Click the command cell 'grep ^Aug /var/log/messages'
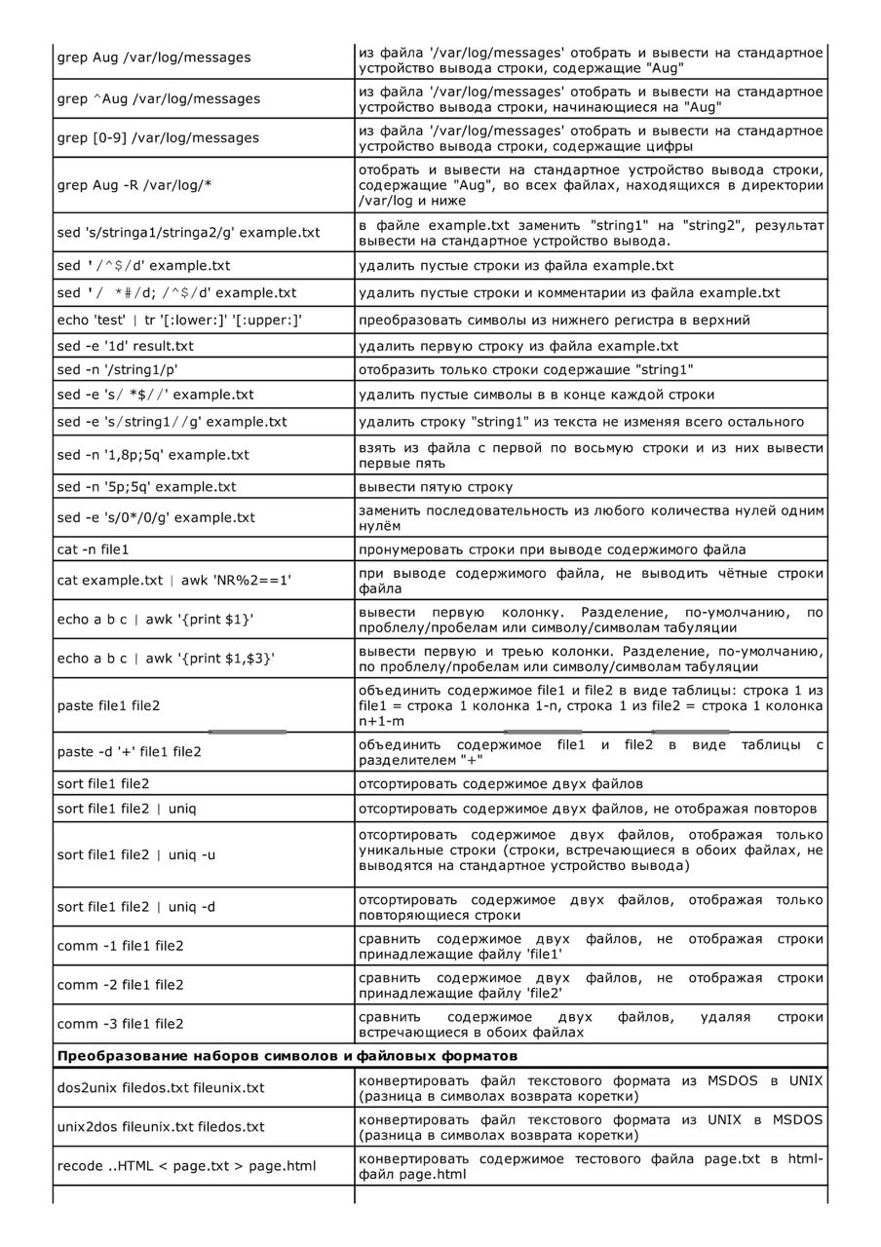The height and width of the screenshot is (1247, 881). click(159, 98)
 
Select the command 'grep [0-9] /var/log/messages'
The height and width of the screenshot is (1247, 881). click(158, 137)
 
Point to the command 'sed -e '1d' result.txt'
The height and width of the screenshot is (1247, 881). click(126, 346)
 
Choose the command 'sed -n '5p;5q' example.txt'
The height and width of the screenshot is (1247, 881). click(146, 486)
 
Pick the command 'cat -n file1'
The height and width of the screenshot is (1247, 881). click(94, 549)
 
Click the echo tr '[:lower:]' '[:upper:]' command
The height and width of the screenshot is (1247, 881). click(180, 320)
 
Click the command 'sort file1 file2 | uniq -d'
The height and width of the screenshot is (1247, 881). click(136, 907)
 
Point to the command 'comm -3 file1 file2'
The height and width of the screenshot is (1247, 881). click(120, 1024)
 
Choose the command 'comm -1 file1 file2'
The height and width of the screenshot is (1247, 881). click(120, 945)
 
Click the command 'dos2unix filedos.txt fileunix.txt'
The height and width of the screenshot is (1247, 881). click(161, 1087)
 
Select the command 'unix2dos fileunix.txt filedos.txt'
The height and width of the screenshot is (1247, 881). click(161, 1126)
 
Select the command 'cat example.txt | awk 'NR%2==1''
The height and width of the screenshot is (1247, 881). click(174, 580)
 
